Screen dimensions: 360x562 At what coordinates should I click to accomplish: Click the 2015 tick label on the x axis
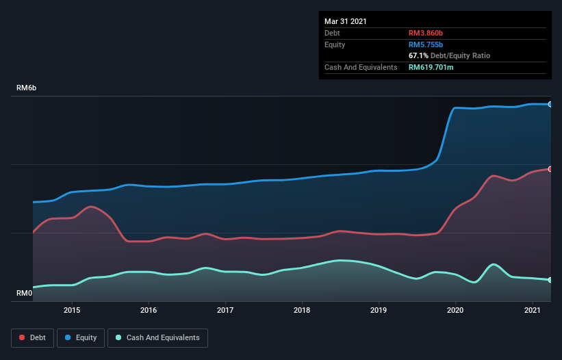coord(72,310)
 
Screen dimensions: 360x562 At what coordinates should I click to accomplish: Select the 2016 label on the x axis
coord(149,310)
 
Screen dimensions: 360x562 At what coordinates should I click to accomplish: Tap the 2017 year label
coord(225,310)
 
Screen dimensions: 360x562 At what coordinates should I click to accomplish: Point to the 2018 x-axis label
coord(302,310)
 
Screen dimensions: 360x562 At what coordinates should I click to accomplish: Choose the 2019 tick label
coord(379,310)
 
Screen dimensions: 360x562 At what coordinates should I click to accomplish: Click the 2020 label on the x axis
coord(455,310)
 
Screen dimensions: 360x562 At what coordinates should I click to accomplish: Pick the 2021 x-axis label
coord(532,310)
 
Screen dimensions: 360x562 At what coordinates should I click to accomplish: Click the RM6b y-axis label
coord(27,88)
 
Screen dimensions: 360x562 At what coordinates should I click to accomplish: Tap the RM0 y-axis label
coord(25,293)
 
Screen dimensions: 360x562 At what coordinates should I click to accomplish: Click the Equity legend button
coord(81,337)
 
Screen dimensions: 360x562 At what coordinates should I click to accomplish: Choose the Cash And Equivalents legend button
coord(157,337)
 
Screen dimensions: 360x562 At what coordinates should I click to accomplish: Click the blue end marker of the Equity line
coord(550,104)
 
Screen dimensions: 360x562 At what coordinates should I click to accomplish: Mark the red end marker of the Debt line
coord(550,168)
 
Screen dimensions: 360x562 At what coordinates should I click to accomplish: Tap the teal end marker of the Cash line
coord(550,280)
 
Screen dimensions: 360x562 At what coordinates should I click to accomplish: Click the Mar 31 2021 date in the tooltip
coord(346,21)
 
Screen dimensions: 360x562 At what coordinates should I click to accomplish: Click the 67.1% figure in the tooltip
coord(419,55)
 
